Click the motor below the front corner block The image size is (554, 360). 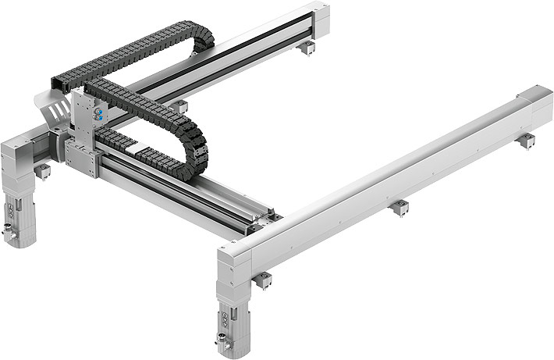[x=233, y=316]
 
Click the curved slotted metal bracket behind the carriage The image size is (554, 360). [x=52, y=112]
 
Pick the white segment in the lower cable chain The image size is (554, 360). [x=137, y=147]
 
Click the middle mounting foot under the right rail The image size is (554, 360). [x=400, y=207]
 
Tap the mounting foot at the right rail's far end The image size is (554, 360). [x=527, y=141]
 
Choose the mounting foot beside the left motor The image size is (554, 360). [x=42, y=169]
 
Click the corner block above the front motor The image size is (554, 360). [x=233, y=262]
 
